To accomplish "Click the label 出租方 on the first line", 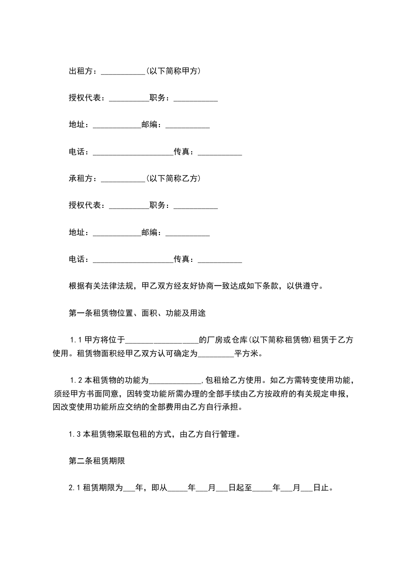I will click(81, 71).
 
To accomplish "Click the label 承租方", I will click(81, 179).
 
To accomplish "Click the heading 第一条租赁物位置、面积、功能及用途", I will click(136, 313).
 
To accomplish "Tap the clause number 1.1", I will click(75, 340).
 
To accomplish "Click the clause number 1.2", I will click(75, 380).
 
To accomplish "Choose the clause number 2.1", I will click(74, 488).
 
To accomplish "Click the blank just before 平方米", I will click(216, 354).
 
